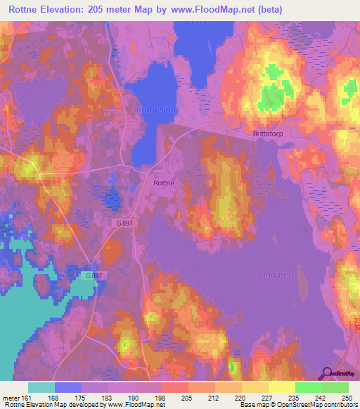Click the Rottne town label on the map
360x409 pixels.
click(164, 182)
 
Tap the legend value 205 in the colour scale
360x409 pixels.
click(186, 397)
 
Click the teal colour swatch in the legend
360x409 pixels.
click(41, 387)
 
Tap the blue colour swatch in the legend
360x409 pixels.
click(68, 387)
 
